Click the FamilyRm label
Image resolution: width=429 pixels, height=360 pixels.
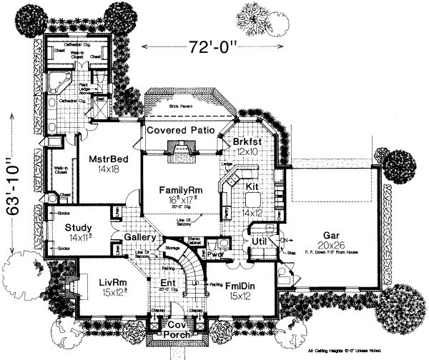[182, 191]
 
